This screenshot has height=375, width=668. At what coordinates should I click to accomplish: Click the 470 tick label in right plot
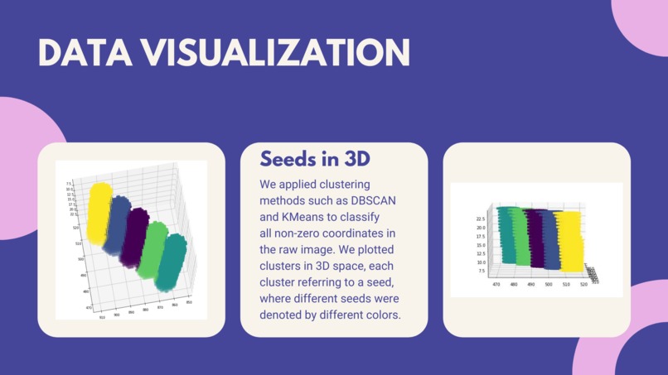[496, 285]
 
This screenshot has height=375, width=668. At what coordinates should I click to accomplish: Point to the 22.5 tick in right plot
[480, 219]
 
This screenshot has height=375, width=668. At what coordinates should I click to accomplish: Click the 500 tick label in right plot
[548, 285]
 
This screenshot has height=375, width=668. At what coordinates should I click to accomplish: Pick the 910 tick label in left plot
[102, 317]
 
